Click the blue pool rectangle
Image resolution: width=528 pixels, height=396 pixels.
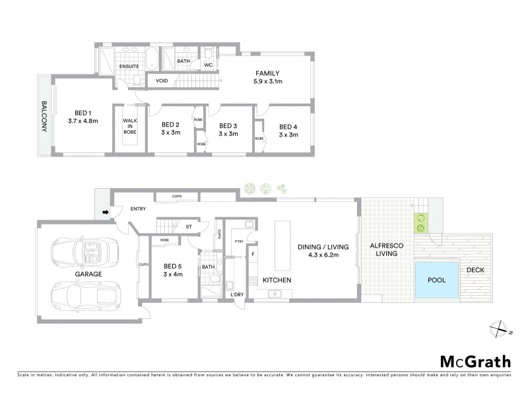(x=436, y=280)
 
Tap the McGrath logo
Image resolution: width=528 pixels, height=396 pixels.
(x=475, y=361)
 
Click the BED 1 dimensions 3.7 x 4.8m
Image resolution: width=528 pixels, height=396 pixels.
(x=82, y=121)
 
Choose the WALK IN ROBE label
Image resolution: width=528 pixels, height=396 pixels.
(x=129, y=126)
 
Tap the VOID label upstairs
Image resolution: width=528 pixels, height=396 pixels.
(x=161, y=81)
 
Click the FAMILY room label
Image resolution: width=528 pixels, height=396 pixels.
(x=268, y=73)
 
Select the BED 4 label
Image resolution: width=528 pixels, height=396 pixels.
(x=288, y=127)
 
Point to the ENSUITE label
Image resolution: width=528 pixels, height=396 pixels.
(x=129, y=67)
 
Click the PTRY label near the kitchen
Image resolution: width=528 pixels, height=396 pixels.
(x=238, y=242)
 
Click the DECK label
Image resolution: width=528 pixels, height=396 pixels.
(x=475, y=270)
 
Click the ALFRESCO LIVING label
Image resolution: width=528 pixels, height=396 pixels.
(x=385, y=249)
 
